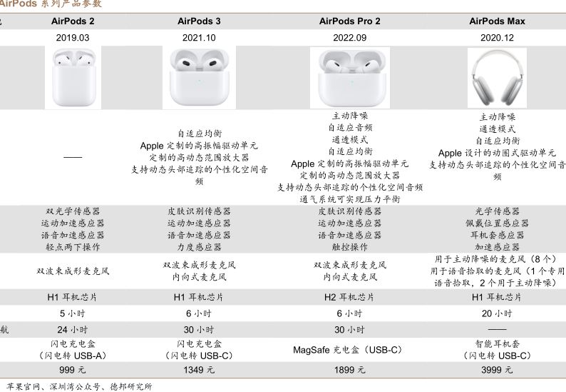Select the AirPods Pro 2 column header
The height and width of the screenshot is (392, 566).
coord(349,21)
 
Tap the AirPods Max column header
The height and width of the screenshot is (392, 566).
coord(497,21)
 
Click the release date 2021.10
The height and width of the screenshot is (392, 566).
coord(199,38)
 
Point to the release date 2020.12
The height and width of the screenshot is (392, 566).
coord(497,38)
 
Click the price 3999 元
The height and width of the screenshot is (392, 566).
coord(497,369)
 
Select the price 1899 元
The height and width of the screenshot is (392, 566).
coord(349,369)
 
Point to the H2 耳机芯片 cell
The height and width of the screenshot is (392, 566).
coord(349,297)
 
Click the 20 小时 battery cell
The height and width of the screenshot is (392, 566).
coord(497,313)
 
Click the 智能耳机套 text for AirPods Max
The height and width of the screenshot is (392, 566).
coord(497,343)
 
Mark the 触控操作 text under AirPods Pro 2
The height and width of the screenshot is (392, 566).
coord(349,246)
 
